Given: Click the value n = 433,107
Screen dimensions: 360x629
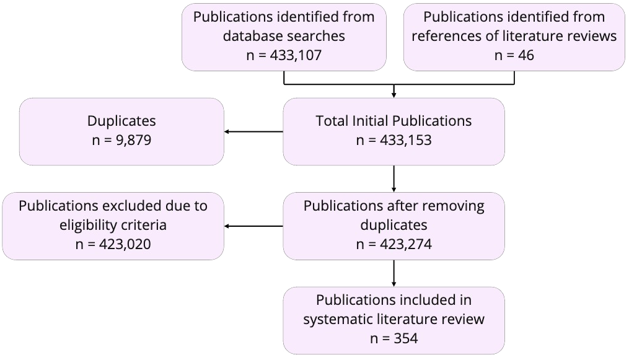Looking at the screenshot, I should [x=284, y=55].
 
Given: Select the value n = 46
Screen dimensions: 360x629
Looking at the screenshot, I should [x=514, y=55].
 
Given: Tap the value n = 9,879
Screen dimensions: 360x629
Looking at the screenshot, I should [x=121, y=141].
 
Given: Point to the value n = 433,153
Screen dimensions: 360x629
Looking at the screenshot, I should [x=394, y=141].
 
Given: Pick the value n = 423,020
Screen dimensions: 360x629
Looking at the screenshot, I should [x=113, y=244].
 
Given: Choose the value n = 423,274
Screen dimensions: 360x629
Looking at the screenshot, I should [x=394, y=244].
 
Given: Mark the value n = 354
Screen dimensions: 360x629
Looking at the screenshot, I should [x=394, y=339].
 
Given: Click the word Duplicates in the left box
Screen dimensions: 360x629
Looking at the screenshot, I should [x=121, y=121].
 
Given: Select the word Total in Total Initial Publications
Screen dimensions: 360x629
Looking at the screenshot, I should [x=332, y=121].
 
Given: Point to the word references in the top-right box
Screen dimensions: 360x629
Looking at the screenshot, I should [x=444, y=36].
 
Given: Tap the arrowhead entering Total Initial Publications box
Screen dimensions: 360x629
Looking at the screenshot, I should [x=394, y=95].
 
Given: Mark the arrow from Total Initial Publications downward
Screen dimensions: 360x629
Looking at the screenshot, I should [x=394, y=178].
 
